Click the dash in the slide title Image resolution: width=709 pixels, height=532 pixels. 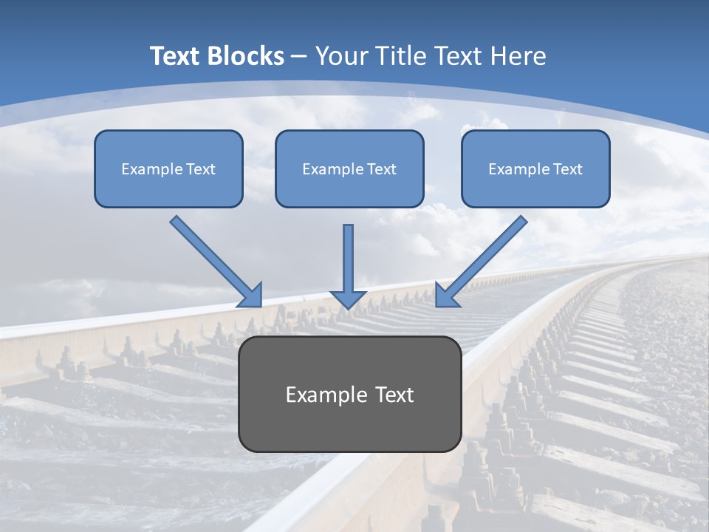click(x=299, y=56)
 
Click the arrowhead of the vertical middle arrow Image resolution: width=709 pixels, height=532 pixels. click(x=348, y=299)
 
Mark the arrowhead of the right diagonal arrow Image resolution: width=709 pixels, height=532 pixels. click(x=445, y=296)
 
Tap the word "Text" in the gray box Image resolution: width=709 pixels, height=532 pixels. click(x=394, y=395)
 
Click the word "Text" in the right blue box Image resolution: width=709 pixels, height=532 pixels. click(x=567, y=169)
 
